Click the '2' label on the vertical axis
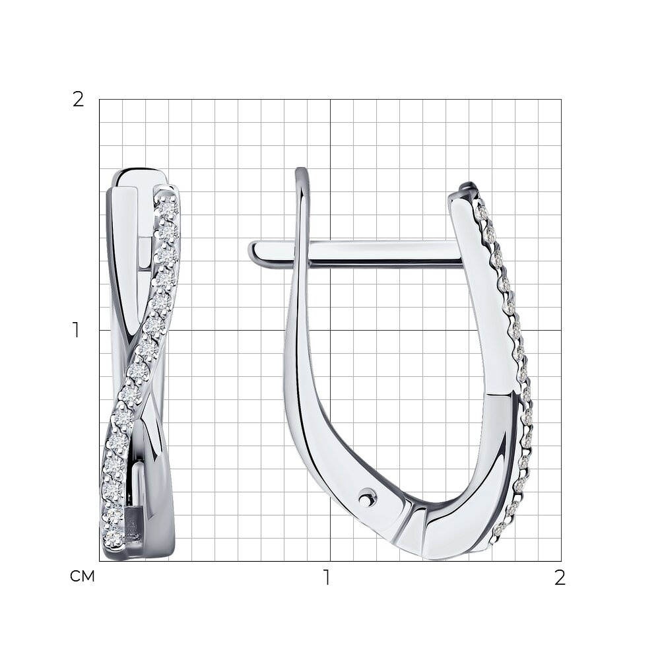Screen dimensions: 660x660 (x=79, y=100)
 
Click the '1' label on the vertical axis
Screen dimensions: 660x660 (x=76, y=330)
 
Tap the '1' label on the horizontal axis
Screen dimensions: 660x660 (x=326, y=577)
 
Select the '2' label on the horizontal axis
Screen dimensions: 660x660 (x=560, y=577)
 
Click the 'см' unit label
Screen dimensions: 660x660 (x=82, y=576)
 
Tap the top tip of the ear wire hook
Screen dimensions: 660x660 (x=302, y=170)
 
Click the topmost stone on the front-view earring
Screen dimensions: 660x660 (x=168, y=207)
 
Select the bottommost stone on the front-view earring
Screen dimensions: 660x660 (x=113, y=537)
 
